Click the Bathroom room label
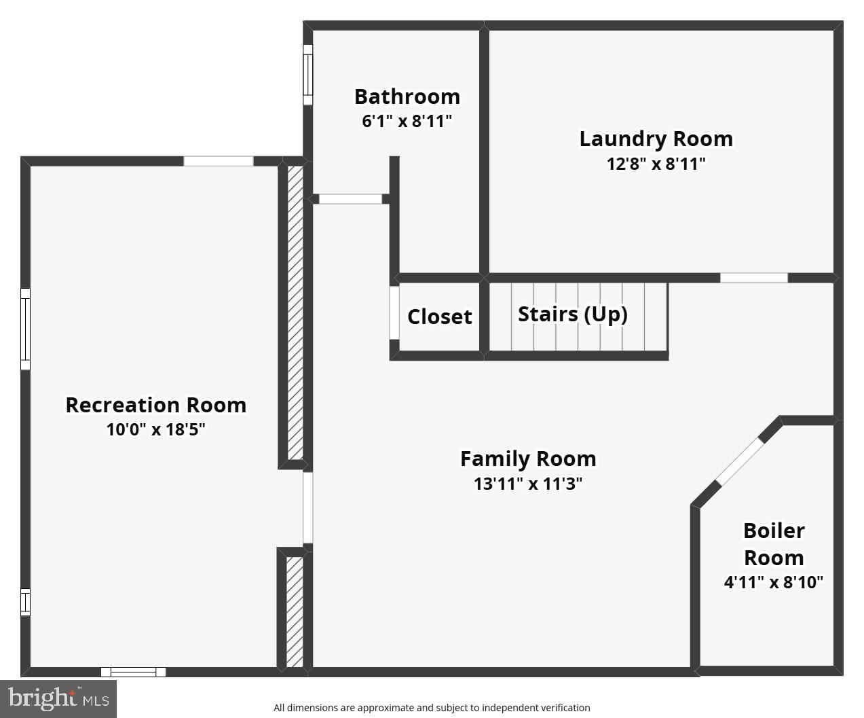point(407,96)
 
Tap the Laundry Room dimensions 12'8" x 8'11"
point(656,164)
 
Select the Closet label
point(439,317)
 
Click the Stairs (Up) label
point(572,314)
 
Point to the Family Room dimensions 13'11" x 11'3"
point(528,484)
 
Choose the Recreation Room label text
point(155,405)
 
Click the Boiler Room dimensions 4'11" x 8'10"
point(773,582)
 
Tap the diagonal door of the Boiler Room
point(740,462)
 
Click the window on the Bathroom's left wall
point(307,75)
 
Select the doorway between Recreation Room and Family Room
point(307,507)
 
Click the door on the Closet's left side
point(394,312)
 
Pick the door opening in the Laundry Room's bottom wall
point(753,278)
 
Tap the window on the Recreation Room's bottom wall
point(133,672)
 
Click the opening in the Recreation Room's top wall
point(218,161)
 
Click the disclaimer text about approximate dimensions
point(432,708)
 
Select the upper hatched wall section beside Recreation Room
point(295,312)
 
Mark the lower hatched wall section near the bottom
point(295,611)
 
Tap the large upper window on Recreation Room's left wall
point(25,329)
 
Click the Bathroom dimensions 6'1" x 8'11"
point(407,121)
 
